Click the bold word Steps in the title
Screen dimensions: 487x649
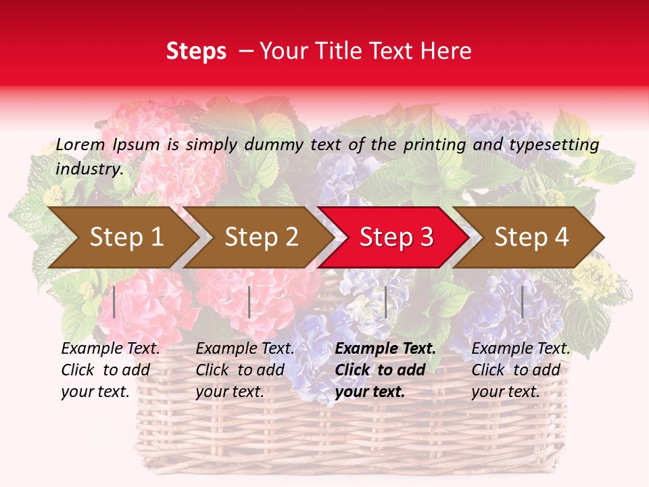click(x=196, y=51)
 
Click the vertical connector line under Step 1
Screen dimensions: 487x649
click(x=114, y=302)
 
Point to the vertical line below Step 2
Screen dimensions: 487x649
click(x=249, y=302)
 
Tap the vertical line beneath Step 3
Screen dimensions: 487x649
click(x=385, y=302)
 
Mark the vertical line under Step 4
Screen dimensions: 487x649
click(x=522, y=302)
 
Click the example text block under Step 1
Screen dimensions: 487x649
click(x=110, y=370)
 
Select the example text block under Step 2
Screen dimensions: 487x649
click(x=245, y=370)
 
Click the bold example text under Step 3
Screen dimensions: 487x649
click(x=385, y=370)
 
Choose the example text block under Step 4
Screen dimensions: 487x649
click(x=521, y=370)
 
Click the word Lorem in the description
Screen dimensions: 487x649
click(x=80, y=145)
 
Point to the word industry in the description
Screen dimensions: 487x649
click(x=89, y=169)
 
